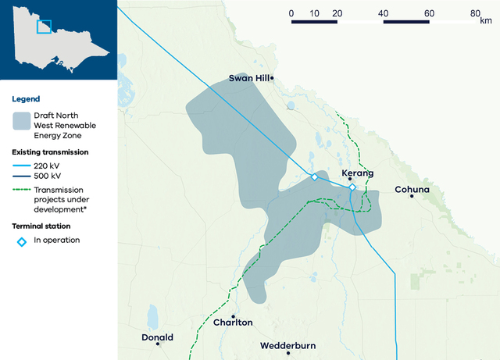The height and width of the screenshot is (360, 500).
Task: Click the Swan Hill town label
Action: [248, 78]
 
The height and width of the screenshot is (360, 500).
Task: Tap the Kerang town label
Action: [358, 173]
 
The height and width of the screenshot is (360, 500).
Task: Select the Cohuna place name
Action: [412, 189]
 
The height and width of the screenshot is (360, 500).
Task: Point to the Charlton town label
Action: [233, 323]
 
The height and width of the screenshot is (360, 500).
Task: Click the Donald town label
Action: [157, 338]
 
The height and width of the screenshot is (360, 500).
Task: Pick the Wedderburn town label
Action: [288, 344]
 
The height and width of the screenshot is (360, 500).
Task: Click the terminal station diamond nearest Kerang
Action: [352, 187]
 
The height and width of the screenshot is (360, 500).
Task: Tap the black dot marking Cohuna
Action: [412, 196]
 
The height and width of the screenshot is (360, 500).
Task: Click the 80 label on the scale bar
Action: [475, 13]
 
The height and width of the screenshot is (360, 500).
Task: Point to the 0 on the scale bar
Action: [291, 13]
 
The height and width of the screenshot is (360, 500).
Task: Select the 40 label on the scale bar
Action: [383, 13]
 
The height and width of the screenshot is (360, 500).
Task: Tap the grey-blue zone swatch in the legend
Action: [22, 120]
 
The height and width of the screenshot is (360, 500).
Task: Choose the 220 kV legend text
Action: [48, 166]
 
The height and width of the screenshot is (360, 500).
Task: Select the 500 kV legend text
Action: [48, 176]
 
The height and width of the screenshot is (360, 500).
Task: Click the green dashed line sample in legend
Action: [22, 190]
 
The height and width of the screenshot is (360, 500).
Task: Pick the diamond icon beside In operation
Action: [22, 241]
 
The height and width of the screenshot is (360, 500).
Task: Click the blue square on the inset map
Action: [44, 27]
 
